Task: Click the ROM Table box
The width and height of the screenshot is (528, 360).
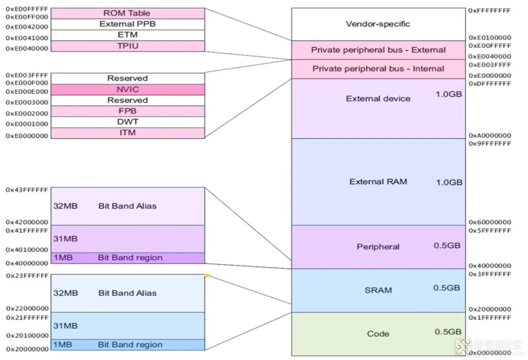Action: (127, 13)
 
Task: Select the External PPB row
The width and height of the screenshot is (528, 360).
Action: (127, 24)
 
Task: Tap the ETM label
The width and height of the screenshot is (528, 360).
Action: (127, 35)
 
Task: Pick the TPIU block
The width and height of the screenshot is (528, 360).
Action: (127, 45)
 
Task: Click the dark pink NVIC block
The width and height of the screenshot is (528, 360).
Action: (128, 90)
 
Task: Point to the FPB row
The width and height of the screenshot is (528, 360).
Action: (128, 111)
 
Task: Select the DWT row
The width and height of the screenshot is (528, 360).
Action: (128, 122)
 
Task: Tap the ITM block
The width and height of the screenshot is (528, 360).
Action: (128, 133)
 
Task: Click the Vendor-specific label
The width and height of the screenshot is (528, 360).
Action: (378, 24)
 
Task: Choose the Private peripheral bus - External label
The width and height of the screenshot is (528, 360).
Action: (378, 50)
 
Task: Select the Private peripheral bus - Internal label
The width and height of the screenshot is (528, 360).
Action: (378, 69)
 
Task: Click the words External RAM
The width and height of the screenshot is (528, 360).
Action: (378, 182)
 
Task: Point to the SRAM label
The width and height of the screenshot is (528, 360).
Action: (378, 290)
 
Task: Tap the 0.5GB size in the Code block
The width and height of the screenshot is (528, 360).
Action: (447, 332)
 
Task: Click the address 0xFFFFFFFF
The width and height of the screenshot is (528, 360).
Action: (489, 10)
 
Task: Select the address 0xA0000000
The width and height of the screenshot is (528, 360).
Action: (489, 135)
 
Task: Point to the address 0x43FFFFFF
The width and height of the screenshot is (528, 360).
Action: (27, 190)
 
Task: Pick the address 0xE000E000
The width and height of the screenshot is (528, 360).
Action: (27, 91)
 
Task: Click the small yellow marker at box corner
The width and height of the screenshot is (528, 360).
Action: (207, 276)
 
